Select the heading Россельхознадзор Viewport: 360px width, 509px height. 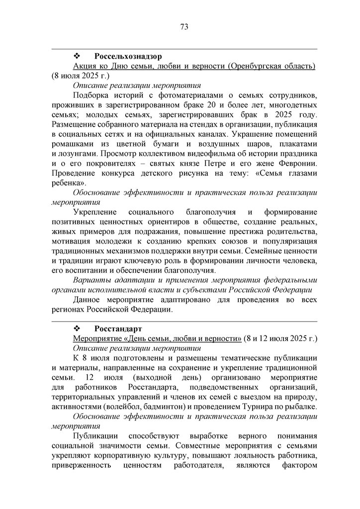128,56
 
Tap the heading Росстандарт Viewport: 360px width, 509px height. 118,329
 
